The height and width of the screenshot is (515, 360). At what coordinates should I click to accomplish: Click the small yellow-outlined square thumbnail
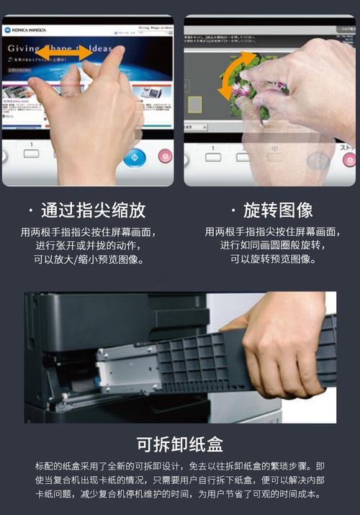[x=194, y=104]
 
